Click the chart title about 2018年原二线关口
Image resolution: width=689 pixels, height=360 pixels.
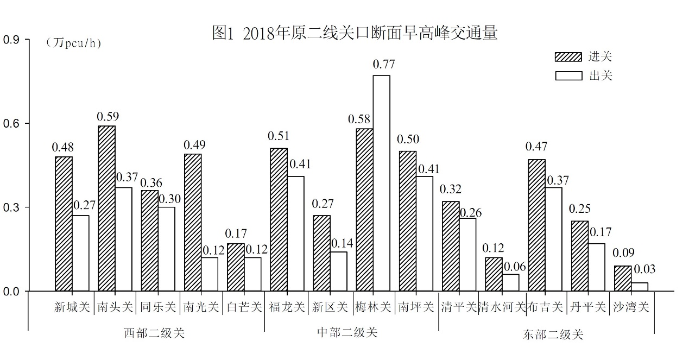[x=355, y=34]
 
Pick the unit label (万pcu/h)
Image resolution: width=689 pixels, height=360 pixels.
[x=74, y=43]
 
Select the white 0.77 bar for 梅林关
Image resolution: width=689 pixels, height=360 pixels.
[x=381, y=183]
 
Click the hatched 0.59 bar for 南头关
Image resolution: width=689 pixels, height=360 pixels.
[x=106, y=209]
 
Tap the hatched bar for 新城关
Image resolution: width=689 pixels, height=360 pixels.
[x=64, y=224]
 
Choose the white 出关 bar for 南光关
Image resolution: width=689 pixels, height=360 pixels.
[x=210, y=274]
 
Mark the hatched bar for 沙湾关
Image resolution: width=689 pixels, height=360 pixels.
[x=622, y=279]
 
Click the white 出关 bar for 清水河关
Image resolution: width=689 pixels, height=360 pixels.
[x=510, y=283]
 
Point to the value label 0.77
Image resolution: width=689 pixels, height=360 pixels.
[x=383, y=64]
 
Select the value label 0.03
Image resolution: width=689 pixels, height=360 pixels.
[x=644, y=269]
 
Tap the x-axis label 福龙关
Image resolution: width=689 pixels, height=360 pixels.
[x=287, y=307]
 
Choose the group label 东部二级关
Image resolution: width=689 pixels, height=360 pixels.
[x=553, y=335]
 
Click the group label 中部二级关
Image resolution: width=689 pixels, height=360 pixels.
[x=347, y=332]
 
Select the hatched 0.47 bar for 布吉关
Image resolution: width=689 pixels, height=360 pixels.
[x=536, y=225]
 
